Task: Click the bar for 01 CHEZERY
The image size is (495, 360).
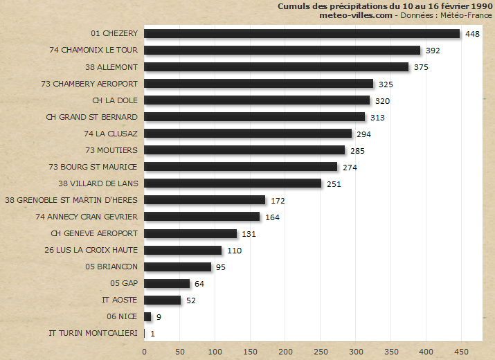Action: (302, 34)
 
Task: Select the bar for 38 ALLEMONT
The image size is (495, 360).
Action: (276, 67)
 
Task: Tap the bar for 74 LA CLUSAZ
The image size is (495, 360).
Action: (248, 134)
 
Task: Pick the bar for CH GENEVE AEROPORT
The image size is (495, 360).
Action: (190, 233)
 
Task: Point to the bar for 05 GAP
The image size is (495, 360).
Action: (167, 283)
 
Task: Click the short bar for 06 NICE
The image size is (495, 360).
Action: (147, 316)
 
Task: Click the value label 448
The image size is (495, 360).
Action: (473, 34)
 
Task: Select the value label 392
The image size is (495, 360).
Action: (433, 51)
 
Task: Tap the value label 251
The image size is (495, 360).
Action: (334, 183)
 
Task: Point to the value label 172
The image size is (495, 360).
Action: (278, 200)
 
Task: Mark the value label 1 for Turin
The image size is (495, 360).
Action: (152, 334)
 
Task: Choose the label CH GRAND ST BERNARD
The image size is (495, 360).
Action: (91, 117)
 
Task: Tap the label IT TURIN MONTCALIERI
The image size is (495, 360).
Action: (93, 333)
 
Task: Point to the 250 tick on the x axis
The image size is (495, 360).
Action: (321, 351)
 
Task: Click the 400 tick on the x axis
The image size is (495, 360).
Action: (426, 351)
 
